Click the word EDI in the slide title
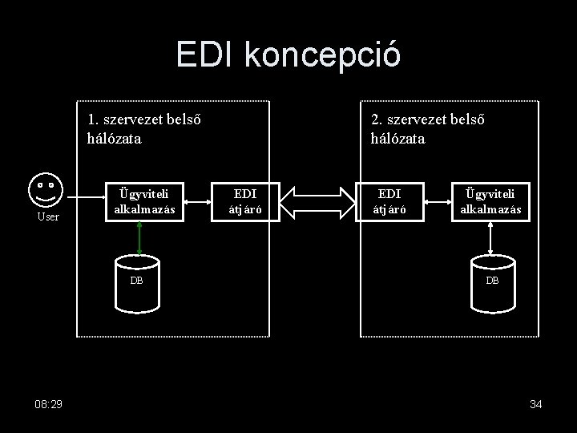208,55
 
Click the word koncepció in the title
324,56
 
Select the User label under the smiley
49,216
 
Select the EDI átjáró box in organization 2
389,202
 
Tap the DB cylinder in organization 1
138,282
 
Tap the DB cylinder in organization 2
492,282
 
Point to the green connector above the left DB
139,237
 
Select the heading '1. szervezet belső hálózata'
143,129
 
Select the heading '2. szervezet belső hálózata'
427,129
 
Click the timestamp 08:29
49,404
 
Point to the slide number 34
536,404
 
